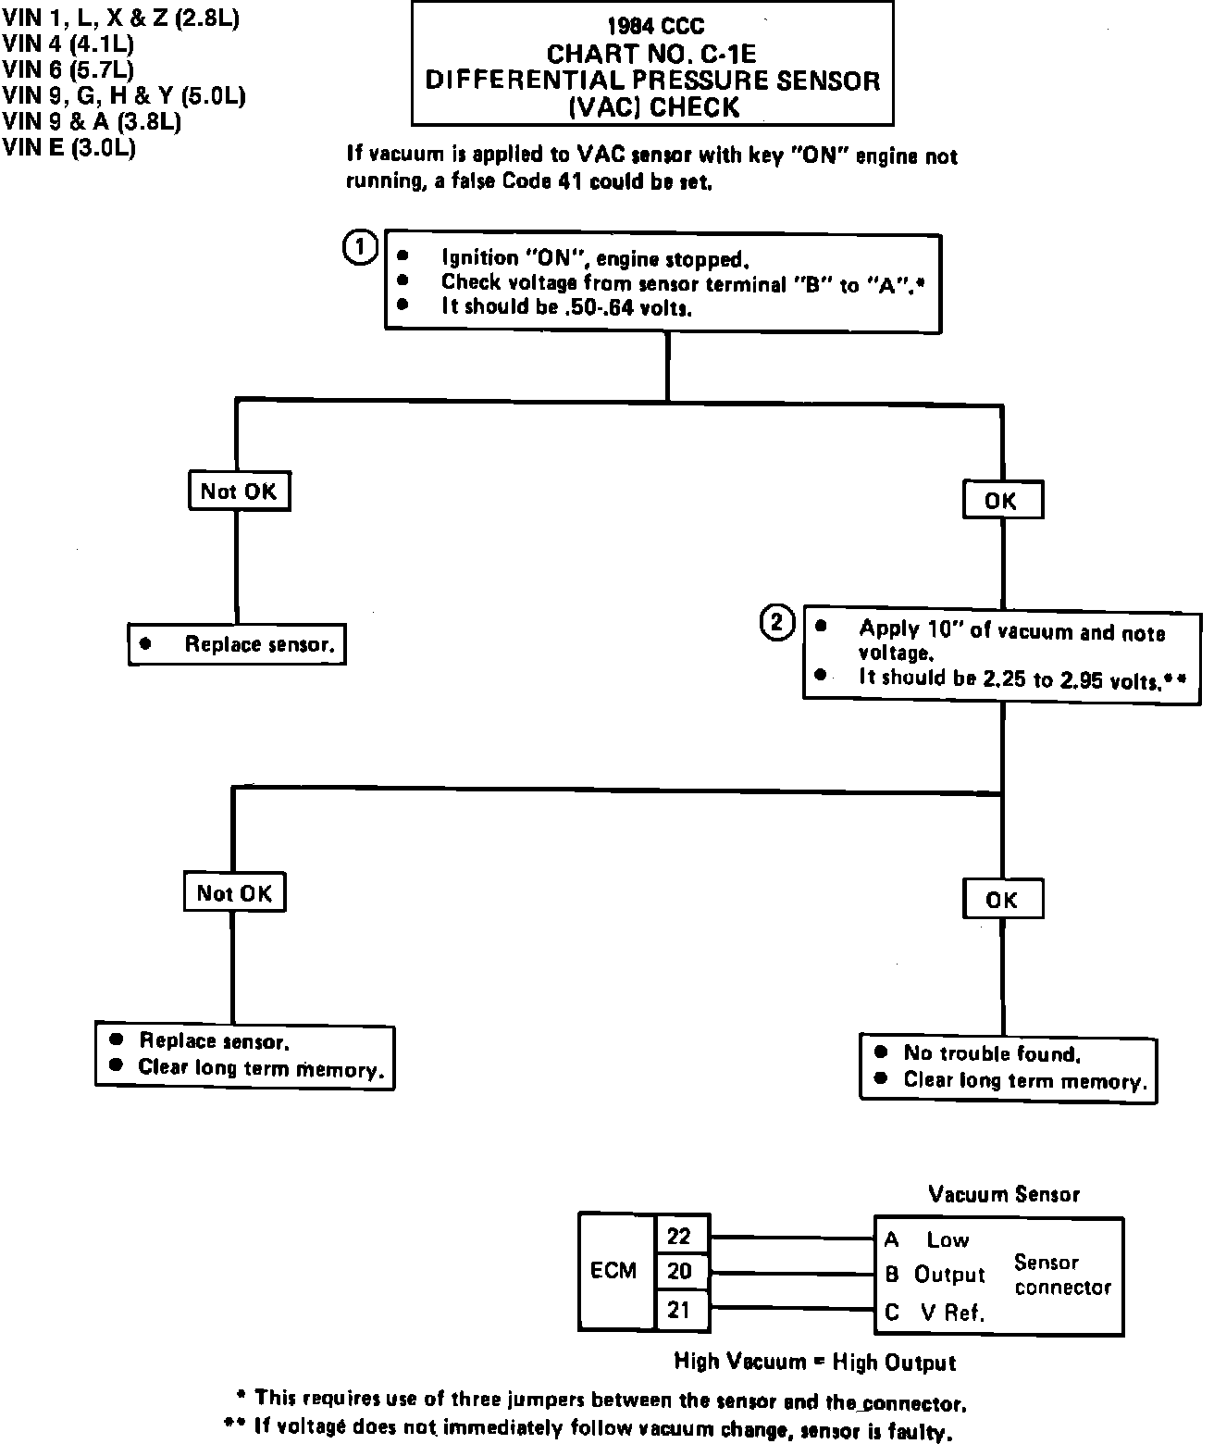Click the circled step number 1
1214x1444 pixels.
tap(360, 248)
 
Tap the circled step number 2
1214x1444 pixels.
tap(777, 622)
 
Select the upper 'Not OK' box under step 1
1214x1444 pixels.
tap(238, 491)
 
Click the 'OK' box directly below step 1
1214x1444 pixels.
tap(1002, 501)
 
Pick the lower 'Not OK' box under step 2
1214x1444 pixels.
tap(234, 893)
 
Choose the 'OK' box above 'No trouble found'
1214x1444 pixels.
tap(1002, 899)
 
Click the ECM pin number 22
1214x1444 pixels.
tap(679, 1237)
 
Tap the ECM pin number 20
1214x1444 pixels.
tap(679, 1272)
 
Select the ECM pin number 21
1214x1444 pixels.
tap(679, 1309)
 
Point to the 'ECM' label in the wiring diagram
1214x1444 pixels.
tap(613, 1271)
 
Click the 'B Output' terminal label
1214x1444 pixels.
tap(935, 1275)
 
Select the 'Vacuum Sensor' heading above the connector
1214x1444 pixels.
tap(1004, 1194)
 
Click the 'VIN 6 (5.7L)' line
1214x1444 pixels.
tap(68, 69)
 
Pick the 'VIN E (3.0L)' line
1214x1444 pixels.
tap(69, 147)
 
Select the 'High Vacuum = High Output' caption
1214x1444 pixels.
tap(814, 1362)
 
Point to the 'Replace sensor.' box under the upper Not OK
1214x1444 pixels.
tap(239, 644)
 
